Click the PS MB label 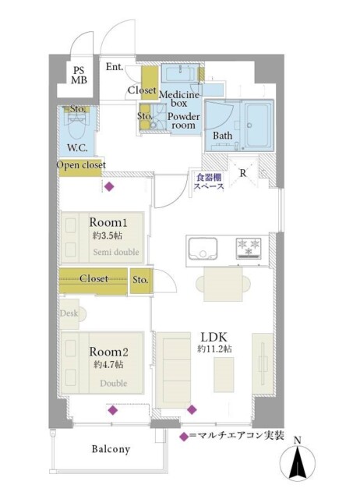click(79, 76)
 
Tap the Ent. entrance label click(115, 67)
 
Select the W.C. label click(78, 147)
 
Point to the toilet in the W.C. click(76, 126)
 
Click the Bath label click(222, 136)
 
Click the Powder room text click(184, 121)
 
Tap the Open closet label click(81, 165)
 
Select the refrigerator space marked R click(243, 173)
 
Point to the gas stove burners click(249, 248)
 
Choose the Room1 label click(108, 222)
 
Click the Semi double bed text click(116, 252)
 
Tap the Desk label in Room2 click(69, 313)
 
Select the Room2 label click(108, 352)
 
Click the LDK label click(214, 337)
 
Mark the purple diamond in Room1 click(109, 186)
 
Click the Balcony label click(111, 449)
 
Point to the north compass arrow click(298, 462)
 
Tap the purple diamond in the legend click(183, 437)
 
